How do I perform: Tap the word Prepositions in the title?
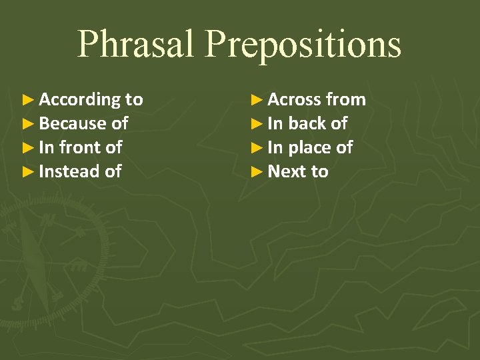(303, 44)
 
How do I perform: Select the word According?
(79, 100)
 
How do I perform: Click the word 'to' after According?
(134, 100)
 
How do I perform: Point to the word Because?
(73, 124)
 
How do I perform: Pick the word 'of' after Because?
(119, 124)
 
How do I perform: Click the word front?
(81, 147)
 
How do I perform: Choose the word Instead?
(69, 171)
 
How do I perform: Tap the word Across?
(294, 100)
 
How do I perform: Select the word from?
(346, 100)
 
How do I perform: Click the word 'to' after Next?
(320, 171)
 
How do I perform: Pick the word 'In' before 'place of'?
(275, 147)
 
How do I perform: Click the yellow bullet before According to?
(27, 100)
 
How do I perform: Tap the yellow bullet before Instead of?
(27, 171)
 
